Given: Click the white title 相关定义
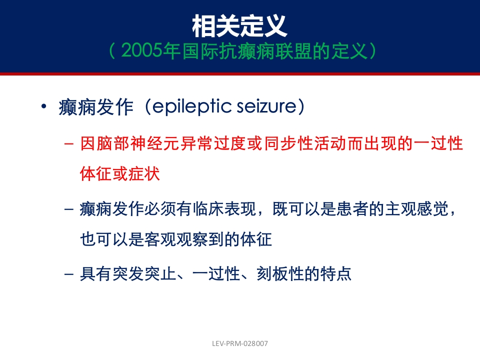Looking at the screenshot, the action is (x=239, y=26).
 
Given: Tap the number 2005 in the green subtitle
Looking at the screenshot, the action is (x=141, y=50).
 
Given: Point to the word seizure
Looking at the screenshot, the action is (x=266, y=106).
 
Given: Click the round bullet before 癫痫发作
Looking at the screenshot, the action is (x=44, y=106).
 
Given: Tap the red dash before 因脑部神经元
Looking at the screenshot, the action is (x=69, y=144).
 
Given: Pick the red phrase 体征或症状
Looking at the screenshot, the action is (x=119, y=174).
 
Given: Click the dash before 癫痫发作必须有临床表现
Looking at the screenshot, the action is (x=69, y=209).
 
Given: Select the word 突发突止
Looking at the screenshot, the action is (x=144, y=273).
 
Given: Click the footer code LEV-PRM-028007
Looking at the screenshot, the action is (x=240, y=343).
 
